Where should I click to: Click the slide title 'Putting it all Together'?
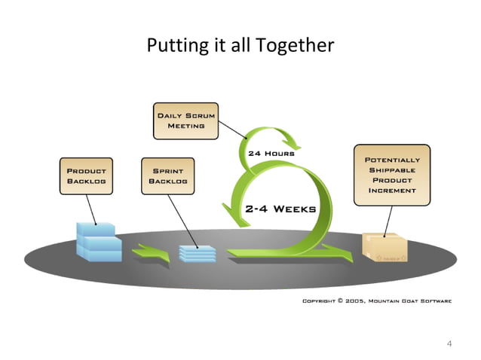[240, 45]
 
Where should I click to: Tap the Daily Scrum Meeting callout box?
[185, 121]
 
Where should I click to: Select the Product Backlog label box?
[87, 176]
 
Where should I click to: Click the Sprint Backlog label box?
[167, 176]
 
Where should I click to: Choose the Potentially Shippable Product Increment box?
[392, 175]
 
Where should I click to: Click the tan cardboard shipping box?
[384, 247]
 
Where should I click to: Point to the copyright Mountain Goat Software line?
[377, 301]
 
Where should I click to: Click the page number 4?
[449, 344]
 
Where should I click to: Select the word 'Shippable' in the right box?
[392, 170]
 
